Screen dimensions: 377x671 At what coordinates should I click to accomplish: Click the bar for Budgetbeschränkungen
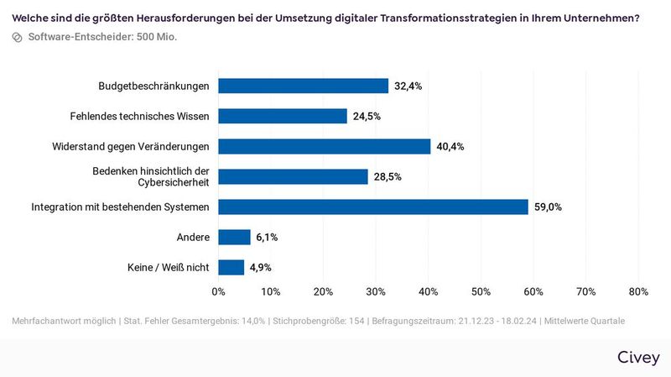tap(304, 86)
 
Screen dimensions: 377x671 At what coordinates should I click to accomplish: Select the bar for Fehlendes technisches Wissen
tap(283, 116)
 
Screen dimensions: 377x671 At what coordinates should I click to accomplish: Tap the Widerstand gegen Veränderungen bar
tap(325, 146)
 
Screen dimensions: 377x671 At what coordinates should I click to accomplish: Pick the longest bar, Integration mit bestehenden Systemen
tap(373, 207)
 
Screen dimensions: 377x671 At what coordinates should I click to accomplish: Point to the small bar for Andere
tap(234, 237)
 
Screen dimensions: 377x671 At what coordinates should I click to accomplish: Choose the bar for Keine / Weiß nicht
tap(231, 267)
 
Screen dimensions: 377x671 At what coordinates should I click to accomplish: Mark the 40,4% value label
tap(450, 146)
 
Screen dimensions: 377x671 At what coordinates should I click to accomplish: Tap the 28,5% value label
tap(388, 176)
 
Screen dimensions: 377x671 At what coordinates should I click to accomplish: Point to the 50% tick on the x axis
tap(481, 292)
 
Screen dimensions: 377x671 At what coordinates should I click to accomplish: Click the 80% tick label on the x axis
tap(637, 292)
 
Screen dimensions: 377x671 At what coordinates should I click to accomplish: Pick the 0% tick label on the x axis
tap(218, 292)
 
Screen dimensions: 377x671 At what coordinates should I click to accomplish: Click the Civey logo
tap(638, 356)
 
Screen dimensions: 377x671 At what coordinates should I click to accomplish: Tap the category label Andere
tap(192, 237)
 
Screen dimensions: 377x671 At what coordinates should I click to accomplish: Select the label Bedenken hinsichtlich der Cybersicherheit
tap(150, 176)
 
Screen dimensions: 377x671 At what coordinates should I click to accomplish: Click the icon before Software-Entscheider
tap(18, 37)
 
